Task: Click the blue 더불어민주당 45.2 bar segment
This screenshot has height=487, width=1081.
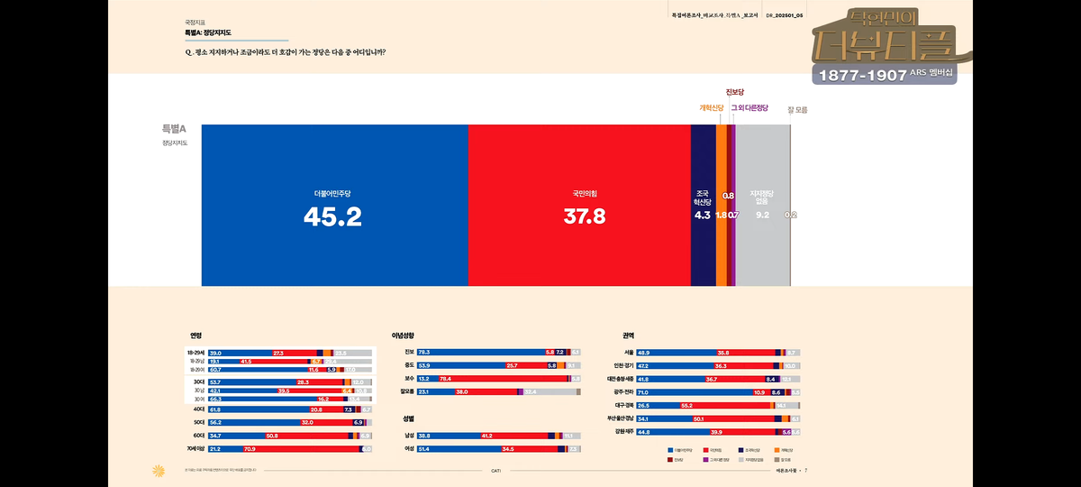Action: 334,206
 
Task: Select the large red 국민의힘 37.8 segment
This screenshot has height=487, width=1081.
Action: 579,206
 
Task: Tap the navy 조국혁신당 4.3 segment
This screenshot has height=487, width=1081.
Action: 703,206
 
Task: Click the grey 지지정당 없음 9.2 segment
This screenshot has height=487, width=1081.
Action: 762,206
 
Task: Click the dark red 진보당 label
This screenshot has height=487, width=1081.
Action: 735,92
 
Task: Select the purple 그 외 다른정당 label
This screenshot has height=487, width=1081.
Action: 749,108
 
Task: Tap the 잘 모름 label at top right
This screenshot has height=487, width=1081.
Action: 797,110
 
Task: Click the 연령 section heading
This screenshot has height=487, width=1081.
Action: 195,335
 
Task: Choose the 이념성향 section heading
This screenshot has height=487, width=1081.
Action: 403,335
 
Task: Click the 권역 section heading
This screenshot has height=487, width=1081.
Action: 628,335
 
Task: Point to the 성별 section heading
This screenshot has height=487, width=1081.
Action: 408,419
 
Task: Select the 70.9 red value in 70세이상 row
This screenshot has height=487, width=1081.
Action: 250,448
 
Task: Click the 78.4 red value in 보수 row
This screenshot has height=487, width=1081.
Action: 445,379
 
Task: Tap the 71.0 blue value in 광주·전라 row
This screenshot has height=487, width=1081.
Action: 643,392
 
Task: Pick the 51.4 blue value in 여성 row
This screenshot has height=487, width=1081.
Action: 424,448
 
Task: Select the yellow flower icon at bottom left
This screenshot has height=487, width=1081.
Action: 159,470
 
